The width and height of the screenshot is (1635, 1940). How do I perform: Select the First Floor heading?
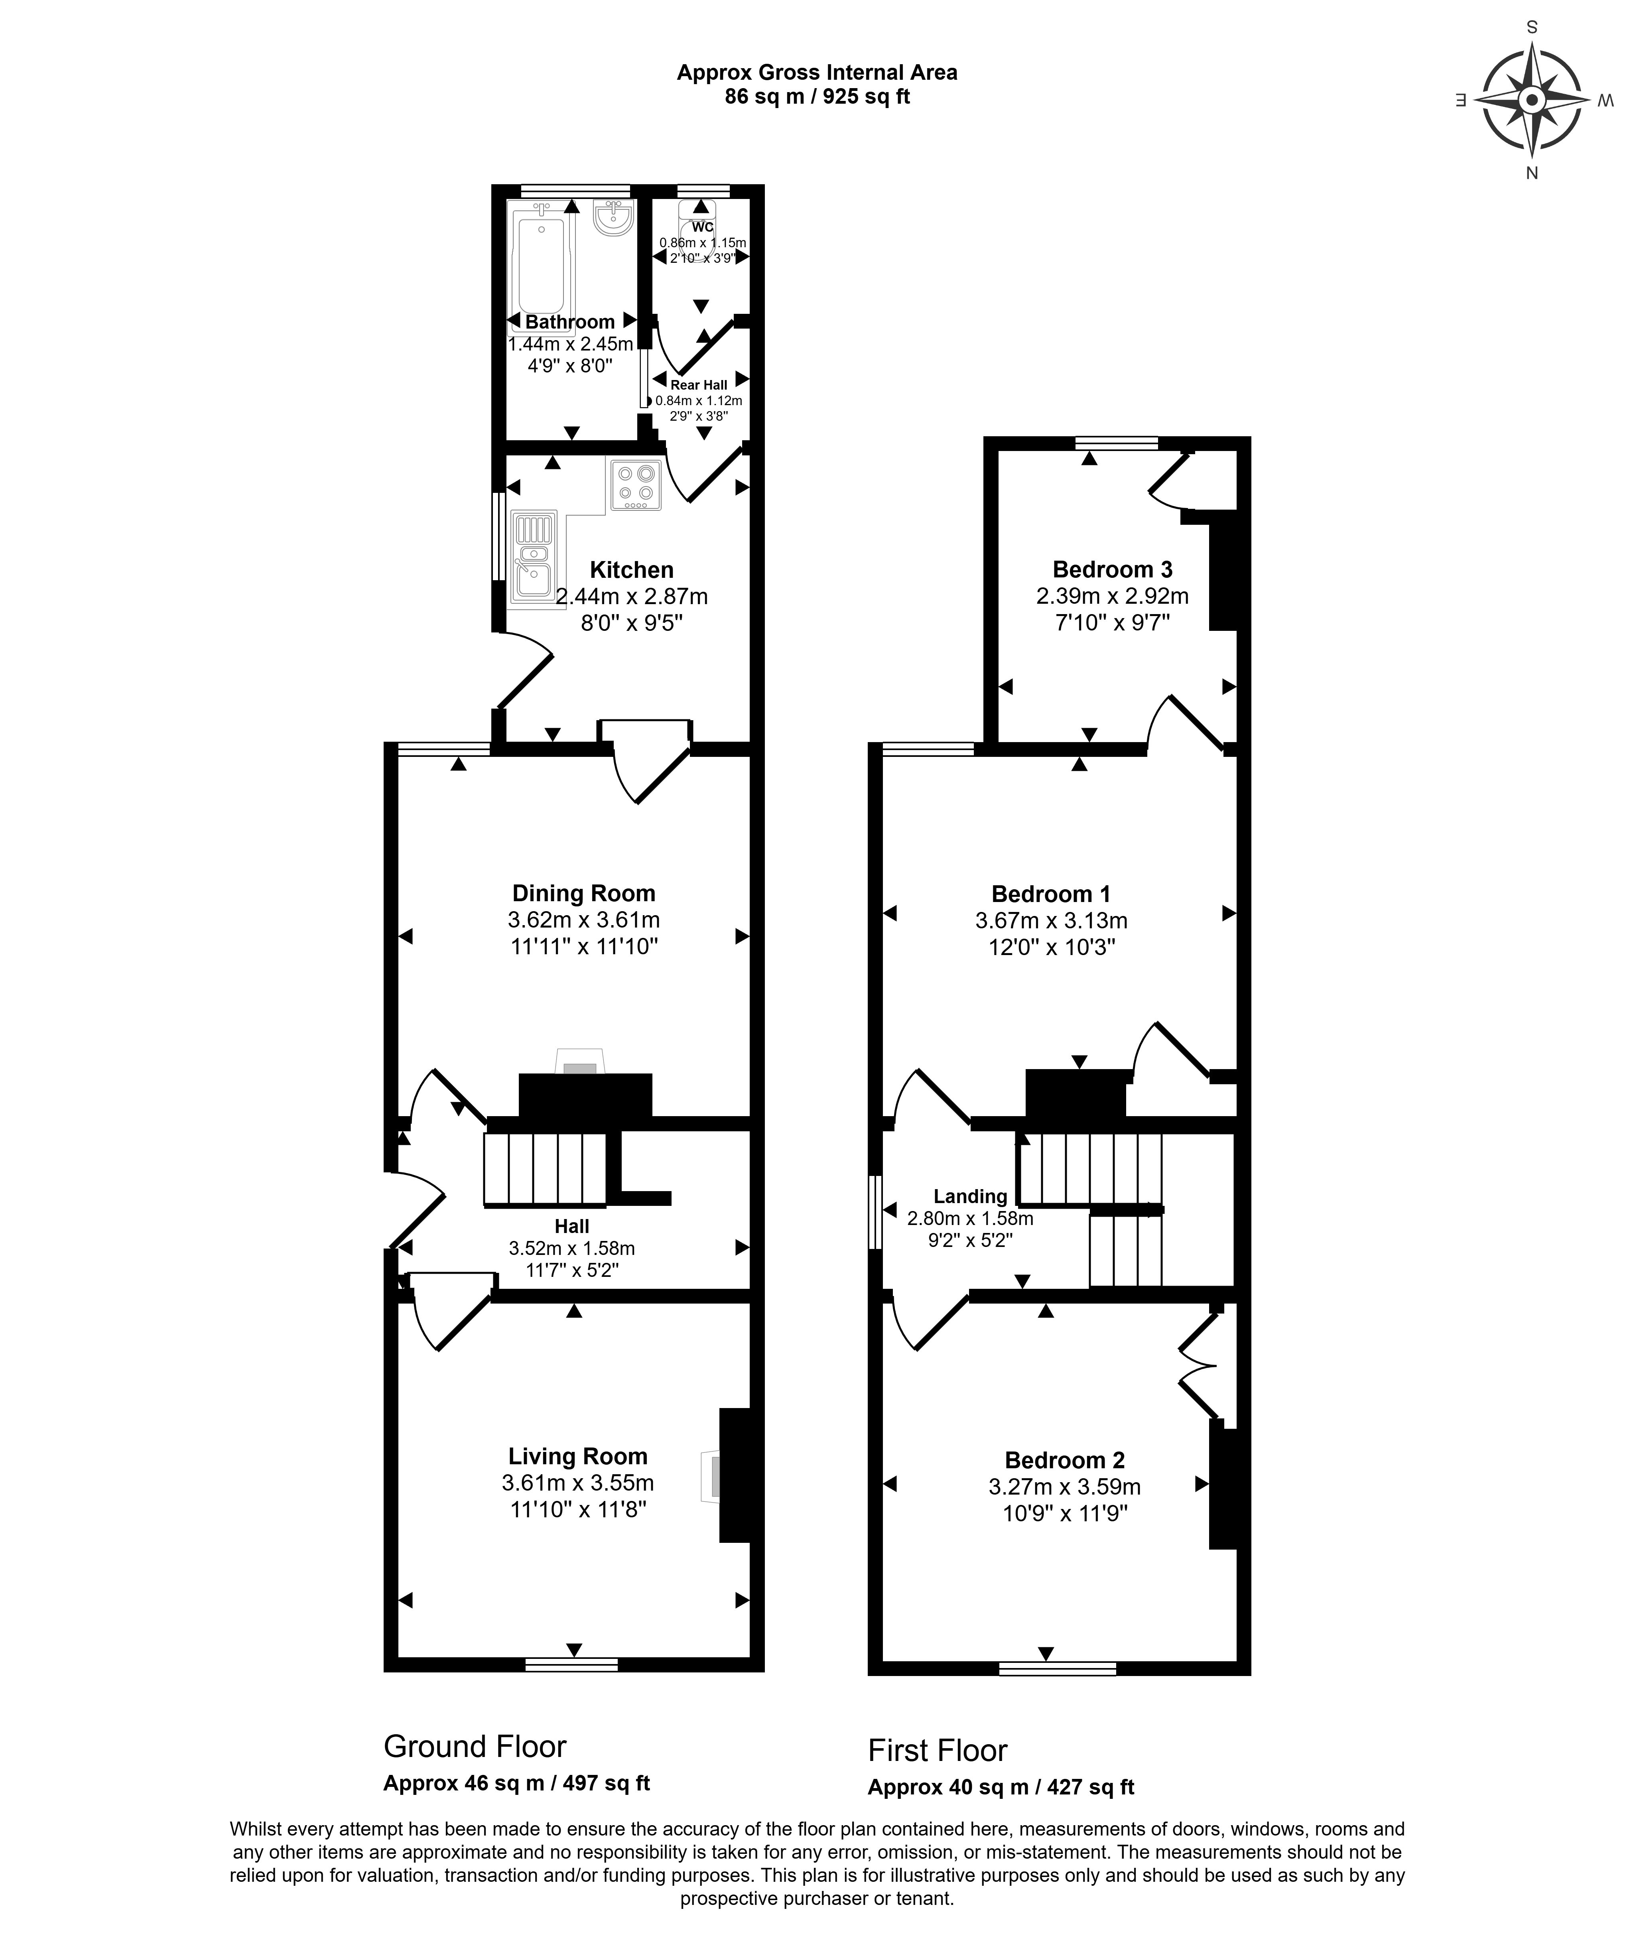pos(937,1751)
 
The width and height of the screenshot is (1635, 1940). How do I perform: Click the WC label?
pos(703,227)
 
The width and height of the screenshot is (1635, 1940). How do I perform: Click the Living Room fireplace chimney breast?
pos(735,1475)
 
